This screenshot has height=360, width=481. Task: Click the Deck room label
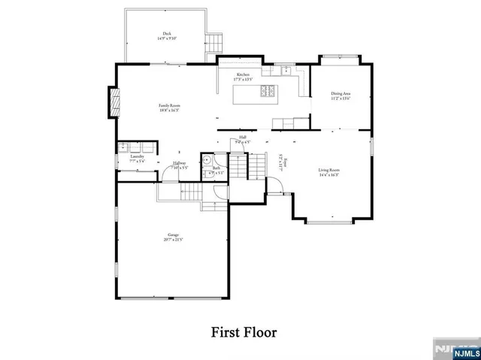point(166,33)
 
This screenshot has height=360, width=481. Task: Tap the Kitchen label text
point(243,75)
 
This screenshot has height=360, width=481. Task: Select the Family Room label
point(169,106)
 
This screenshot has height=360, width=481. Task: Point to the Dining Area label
point(341,93)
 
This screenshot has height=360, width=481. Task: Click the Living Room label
point(328,171)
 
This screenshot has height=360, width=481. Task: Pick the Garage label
point(173,235)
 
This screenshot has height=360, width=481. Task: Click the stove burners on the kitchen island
point(267,93)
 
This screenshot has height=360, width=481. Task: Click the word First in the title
point(228,331)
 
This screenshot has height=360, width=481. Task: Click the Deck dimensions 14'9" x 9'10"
point(166,38)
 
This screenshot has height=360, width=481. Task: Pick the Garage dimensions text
point(173,241)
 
